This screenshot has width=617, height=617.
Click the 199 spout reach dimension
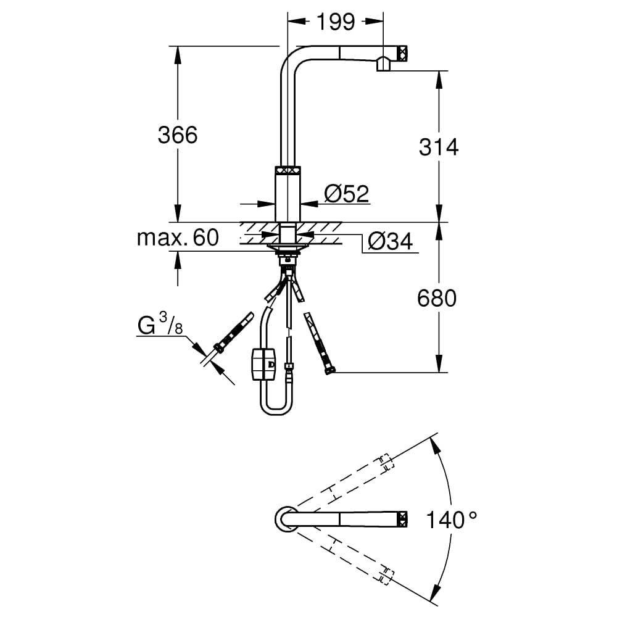point(336,22)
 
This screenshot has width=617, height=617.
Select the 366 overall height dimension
point(177,135)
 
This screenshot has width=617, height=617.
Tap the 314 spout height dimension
point(439,147)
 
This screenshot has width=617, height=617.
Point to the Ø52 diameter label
point(346,194)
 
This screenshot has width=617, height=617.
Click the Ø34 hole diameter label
point(390,242)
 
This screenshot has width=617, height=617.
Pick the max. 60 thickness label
point(178,238)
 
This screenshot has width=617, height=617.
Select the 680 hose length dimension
point(437,299)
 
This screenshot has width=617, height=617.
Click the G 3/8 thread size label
point(160,325)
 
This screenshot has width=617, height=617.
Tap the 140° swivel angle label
point(452,520)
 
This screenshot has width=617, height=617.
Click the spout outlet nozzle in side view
point(383,63)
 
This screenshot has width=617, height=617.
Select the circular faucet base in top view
point(285,518)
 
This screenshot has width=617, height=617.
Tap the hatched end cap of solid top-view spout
point(402,518)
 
